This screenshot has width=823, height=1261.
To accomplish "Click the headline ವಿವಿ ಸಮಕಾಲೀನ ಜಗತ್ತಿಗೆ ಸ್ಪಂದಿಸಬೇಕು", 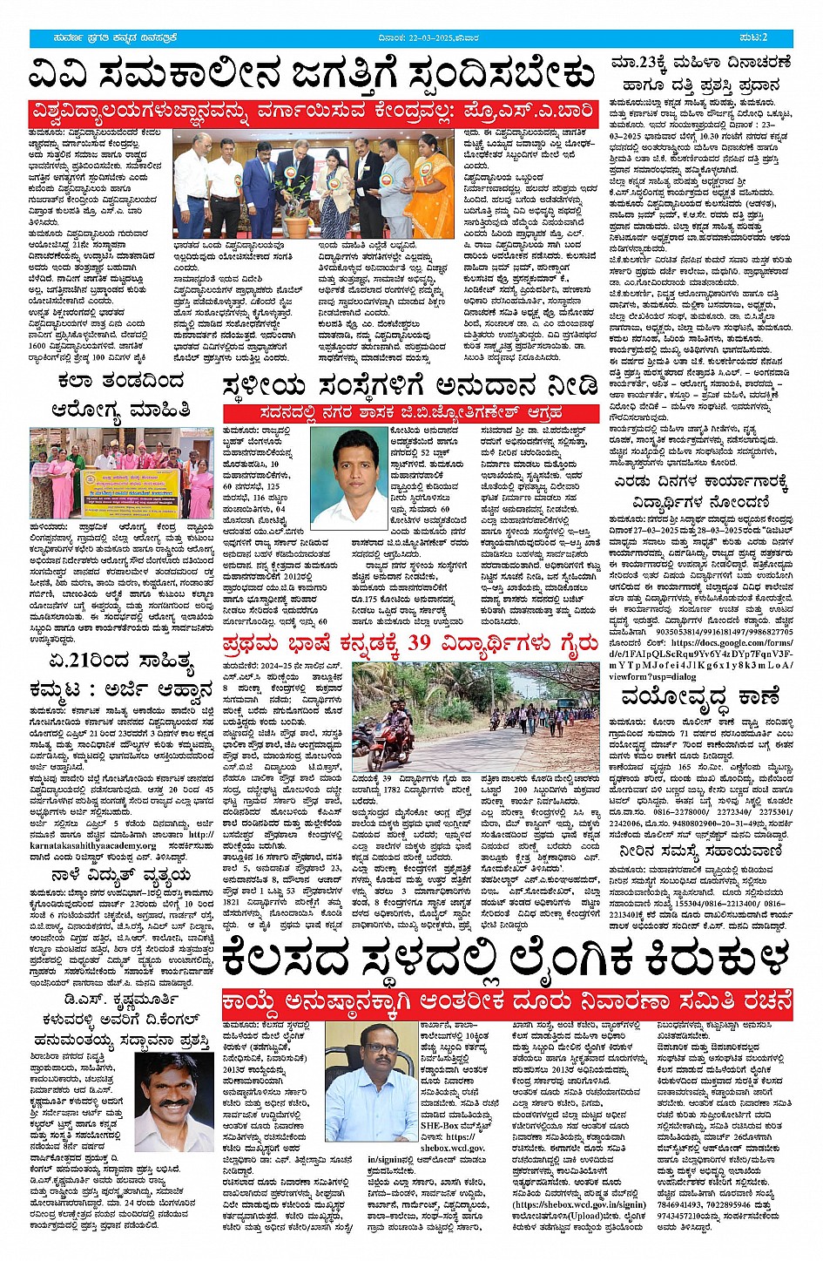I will pos(312,75).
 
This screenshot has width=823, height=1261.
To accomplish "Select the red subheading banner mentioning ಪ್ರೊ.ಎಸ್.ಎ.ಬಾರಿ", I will pos(312,113).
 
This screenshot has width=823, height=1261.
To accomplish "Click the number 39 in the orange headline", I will pos(422,643).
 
